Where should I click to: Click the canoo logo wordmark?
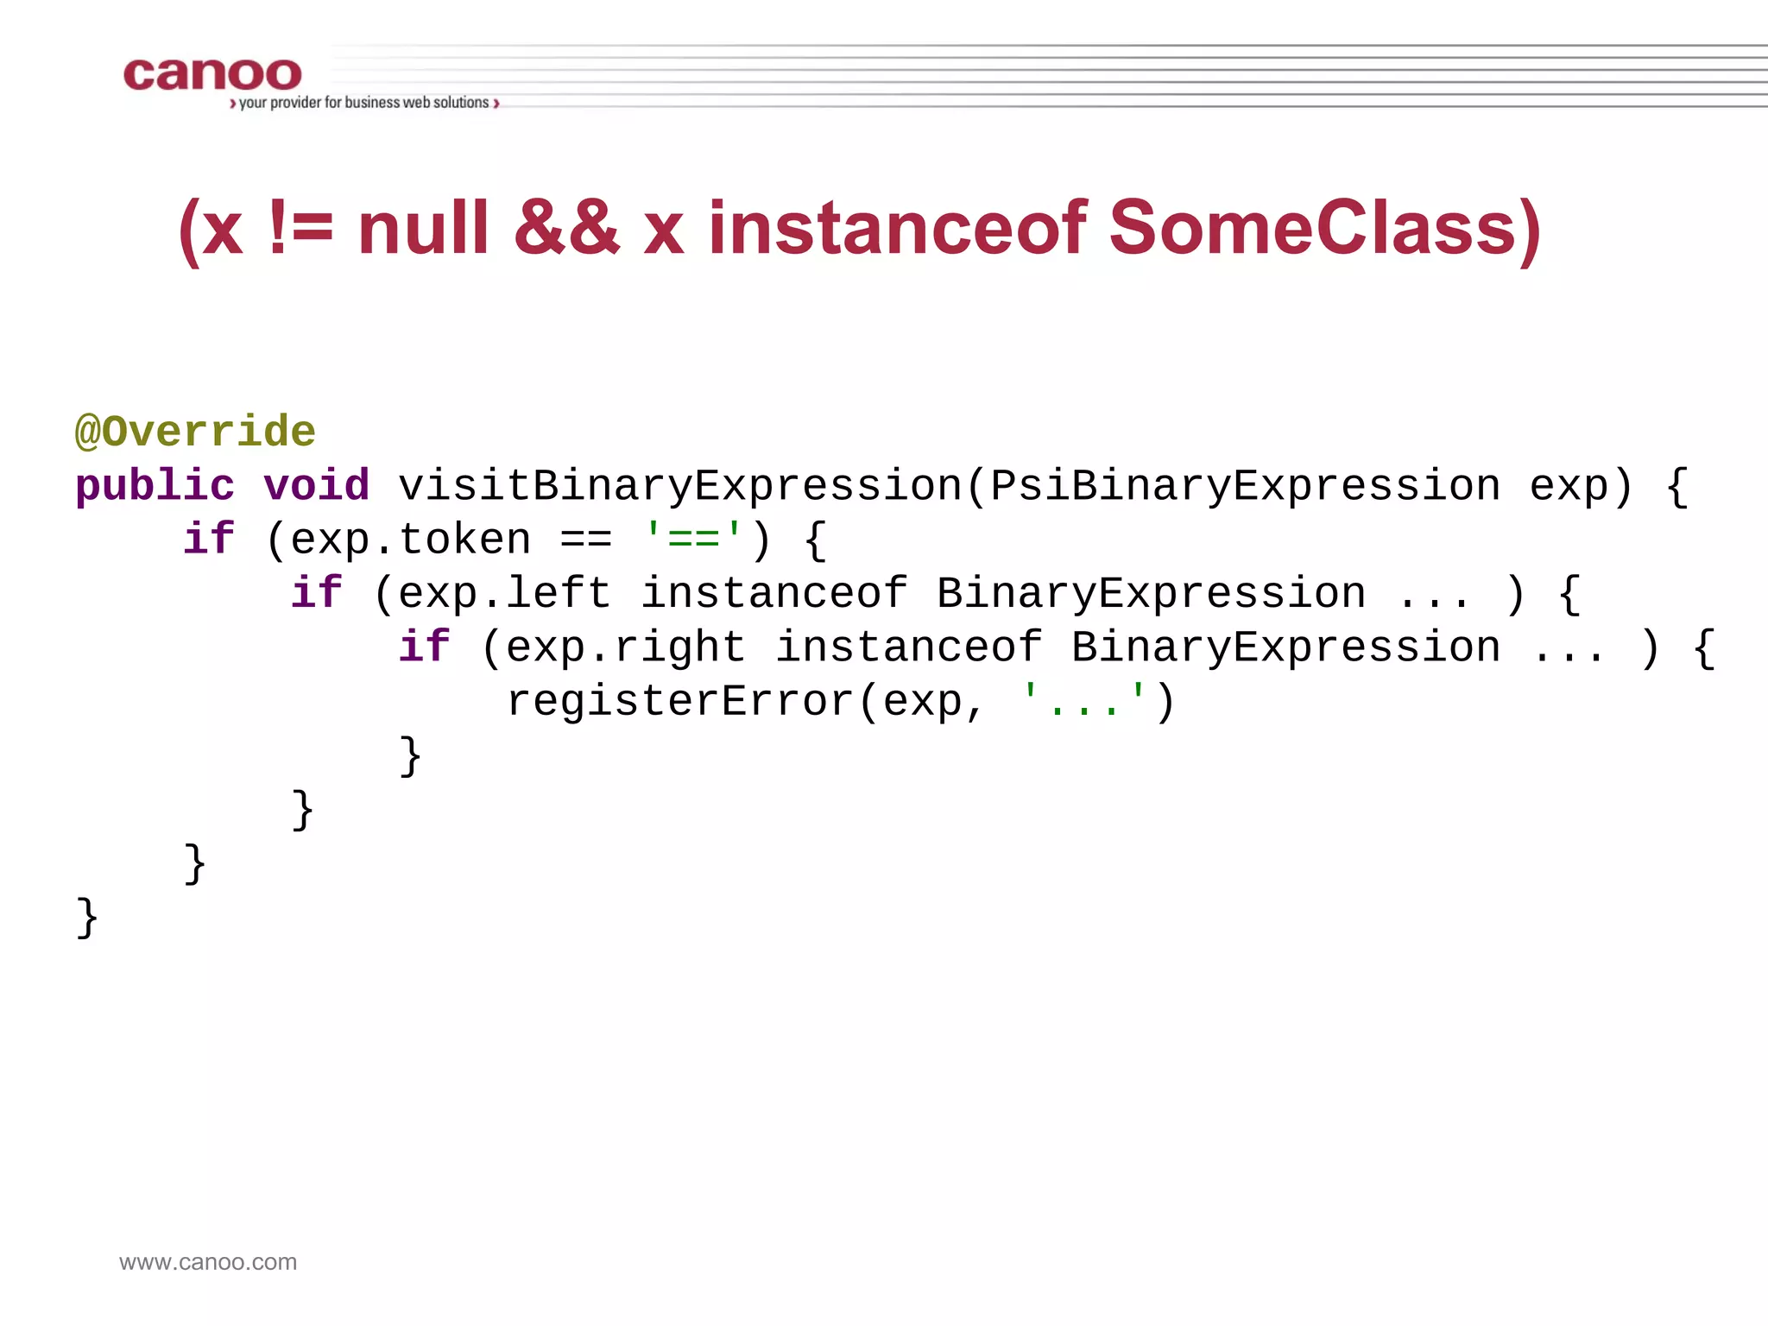coord(212,74)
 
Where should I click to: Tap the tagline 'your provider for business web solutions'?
coord(364,103)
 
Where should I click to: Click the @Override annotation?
coord(196,431)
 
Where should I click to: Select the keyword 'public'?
coord(155,485)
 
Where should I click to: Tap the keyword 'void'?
coord(316,485)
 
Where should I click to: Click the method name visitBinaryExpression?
coord(680,485)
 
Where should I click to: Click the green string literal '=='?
coord(693,539)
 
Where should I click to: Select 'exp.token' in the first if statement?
coord(411,540)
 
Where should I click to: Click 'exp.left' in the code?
coord(505,594)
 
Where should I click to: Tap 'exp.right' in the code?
coord(626,647)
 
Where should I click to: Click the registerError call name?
coord(680,701)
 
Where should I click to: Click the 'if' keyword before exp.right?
coord(424,647)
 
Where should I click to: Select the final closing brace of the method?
coord(87,917)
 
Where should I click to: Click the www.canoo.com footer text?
coord(208,1262)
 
